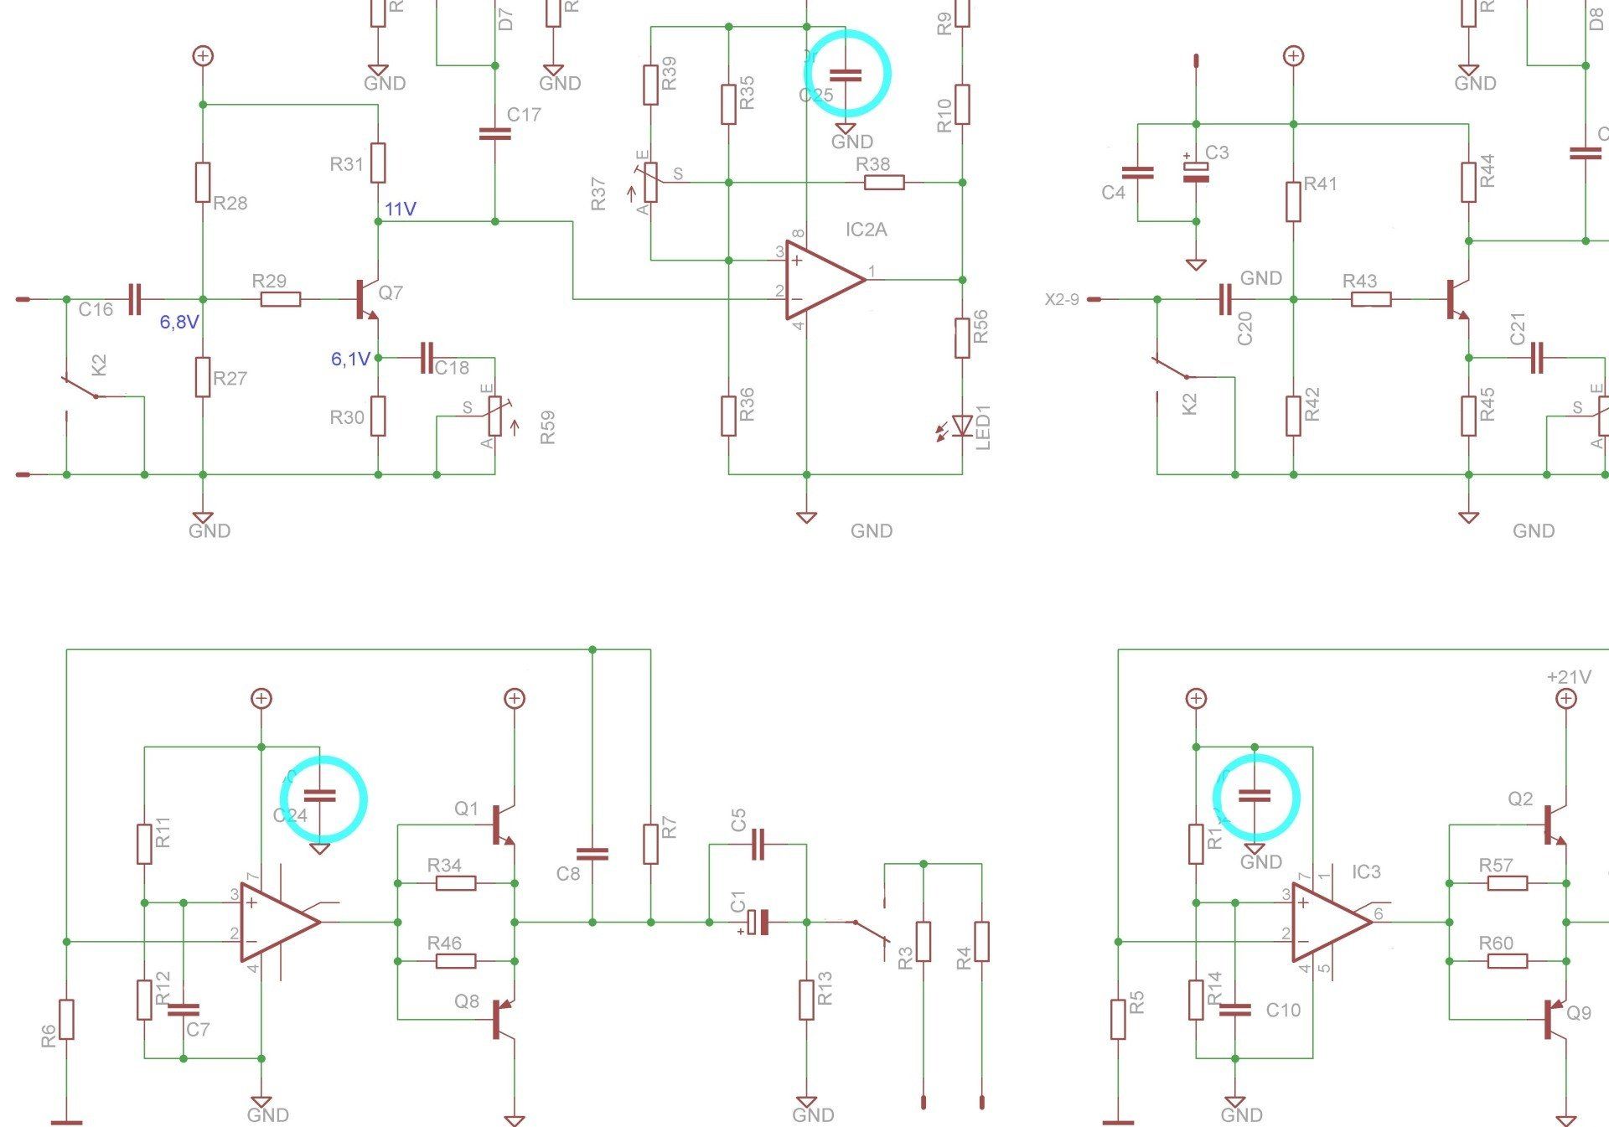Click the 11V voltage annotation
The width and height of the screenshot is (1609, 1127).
[401, 209]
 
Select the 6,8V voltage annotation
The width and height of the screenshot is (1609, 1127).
[179, 322]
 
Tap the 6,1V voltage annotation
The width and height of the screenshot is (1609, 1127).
[350, 359]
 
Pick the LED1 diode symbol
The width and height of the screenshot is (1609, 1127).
[962, 427]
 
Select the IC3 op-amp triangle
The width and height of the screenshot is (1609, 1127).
[1329, 923]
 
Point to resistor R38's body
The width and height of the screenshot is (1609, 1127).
[884, 182]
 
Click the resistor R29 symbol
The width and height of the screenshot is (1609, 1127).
[280, 299]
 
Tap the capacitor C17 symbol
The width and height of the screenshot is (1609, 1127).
[494, 133]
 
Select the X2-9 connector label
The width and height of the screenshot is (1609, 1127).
[1062, 299]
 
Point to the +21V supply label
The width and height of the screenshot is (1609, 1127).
[1569, 677]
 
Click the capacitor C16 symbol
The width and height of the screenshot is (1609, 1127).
[134, 299]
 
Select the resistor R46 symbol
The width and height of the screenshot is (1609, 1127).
[456, 961]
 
